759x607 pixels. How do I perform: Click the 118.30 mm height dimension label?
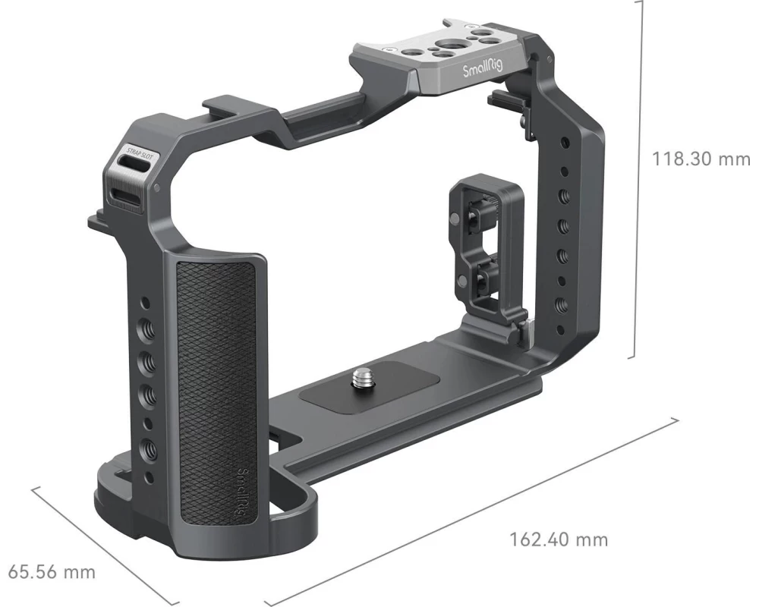(701, 159)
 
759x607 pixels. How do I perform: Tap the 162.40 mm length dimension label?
(559, 539)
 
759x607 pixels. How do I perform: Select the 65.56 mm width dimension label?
(52, 572)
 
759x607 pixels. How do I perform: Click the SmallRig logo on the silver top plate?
(483, 71)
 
